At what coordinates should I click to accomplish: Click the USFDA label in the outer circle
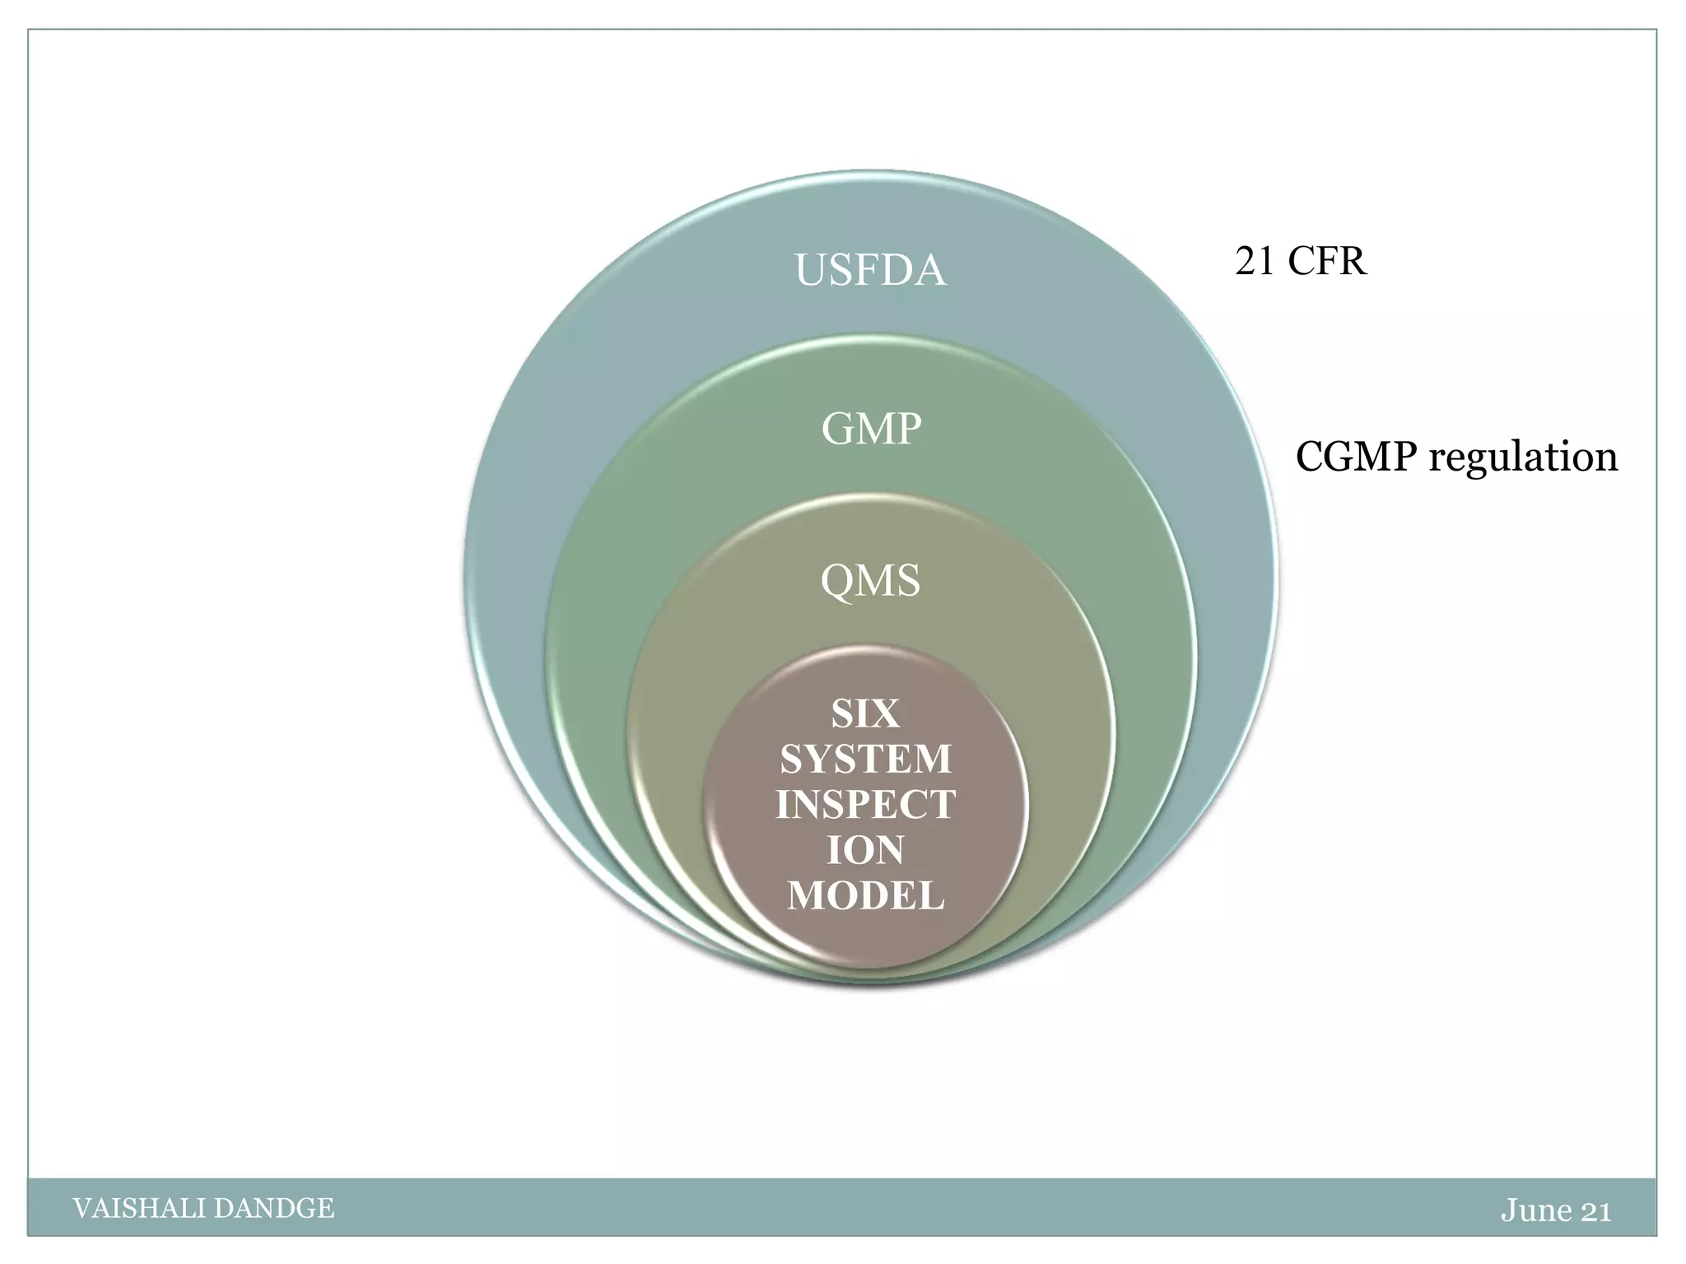pos(870,271)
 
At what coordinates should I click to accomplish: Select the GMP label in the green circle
pos(871,429)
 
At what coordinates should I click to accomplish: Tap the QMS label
pos(870,581)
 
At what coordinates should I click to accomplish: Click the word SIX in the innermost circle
pos(865,713)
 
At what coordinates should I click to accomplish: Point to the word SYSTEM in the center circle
pos(865,759)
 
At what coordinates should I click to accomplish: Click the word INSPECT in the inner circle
pos(865,804)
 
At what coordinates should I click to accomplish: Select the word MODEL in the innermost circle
pos(865,895)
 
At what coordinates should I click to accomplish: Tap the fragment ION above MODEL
pos(865,850)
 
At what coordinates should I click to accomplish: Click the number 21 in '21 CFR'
pos(1255,262)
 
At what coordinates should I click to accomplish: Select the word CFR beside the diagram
pos(1326,262)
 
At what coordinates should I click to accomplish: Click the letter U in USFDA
pos(810,271)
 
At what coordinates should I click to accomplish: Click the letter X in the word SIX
pos(886,713)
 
